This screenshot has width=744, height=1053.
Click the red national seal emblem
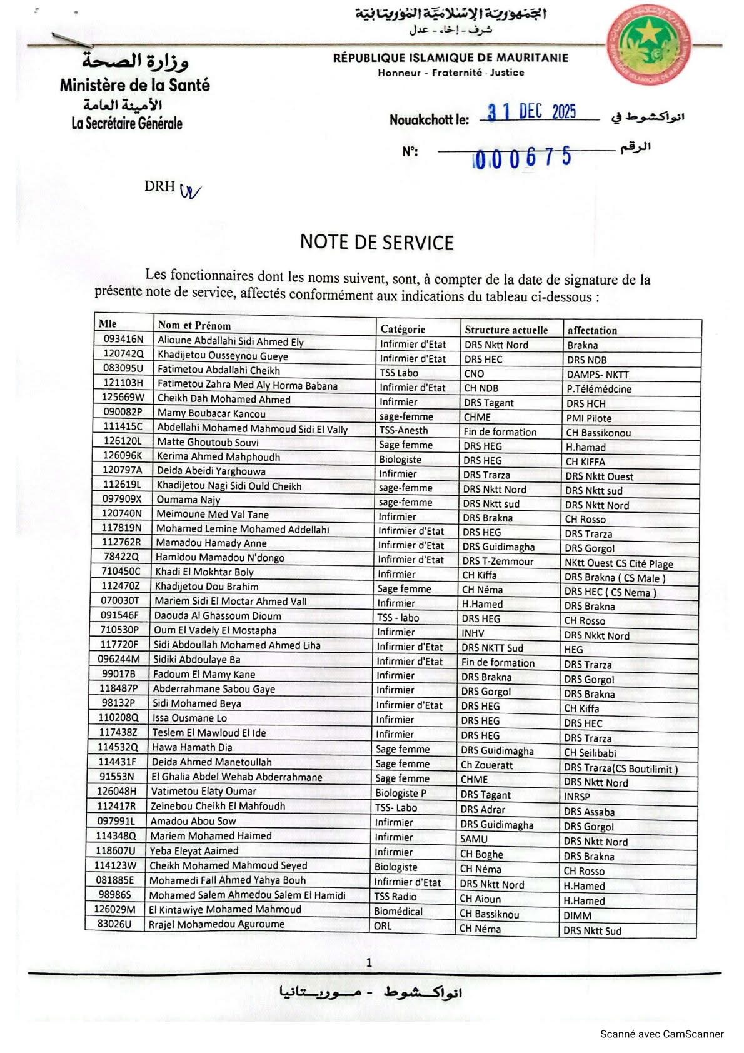(649, 44)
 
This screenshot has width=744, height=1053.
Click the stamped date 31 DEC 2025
(532, 112)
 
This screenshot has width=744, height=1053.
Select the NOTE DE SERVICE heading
(376, 242)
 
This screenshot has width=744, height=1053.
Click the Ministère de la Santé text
(135, 85)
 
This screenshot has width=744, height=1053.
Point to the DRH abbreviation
(159, 186)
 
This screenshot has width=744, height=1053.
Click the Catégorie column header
(403, 329)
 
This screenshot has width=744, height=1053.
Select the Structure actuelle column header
(506, 330)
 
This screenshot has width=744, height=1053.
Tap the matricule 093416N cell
(123, 340)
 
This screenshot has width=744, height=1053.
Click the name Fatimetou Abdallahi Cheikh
(218, 370)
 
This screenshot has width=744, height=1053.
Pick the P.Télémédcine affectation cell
(599, 389)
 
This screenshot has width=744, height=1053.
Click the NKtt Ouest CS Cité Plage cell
(618, 563)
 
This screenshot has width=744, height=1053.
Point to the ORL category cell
(383, 925)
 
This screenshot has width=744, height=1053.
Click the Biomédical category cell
(398, 911)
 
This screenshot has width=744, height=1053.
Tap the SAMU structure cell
(473, 839)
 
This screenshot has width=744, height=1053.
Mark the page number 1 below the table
(369, 962)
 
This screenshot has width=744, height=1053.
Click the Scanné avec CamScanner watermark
(661, 1034)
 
